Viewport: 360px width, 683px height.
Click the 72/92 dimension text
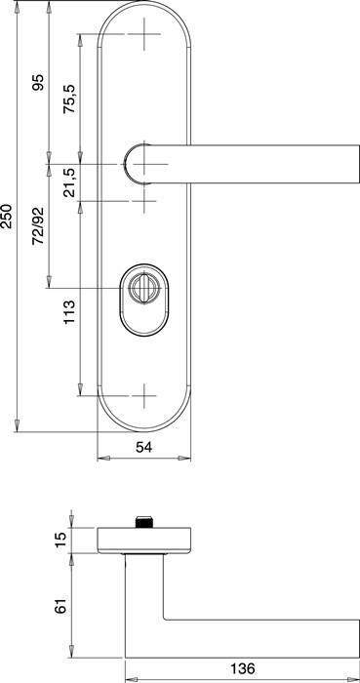tap(39, 225)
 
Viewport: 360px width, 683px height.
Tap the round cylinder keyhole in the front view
tap(143, 289)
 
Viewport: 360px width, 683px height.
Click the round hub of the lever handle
tap(142, 163)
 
